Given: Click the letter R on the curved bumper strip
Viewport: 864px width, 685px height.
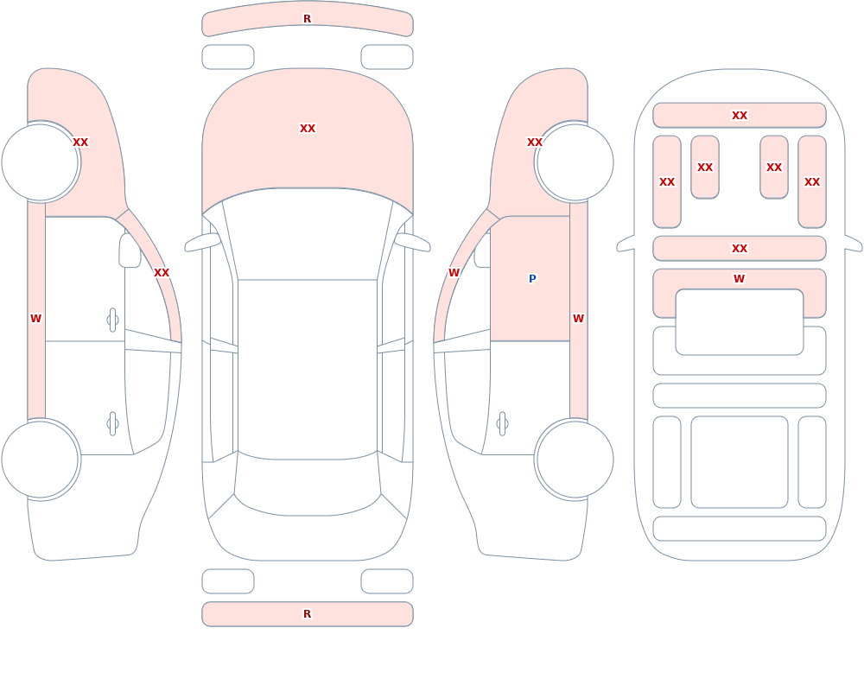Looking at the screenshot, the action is pos(307,19).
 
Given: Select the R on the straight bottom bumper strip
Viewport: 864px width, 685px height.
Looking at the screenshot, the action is pos(307,614).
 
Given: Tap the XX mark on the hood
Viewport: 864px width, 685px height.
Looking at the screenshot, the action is pos(308,129).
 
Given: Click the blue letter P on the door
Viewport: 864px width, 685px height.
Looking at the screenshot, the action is pos(532,279).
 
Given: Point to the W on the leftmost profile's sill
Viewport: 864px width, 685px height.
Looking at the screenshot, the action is pos(35,319).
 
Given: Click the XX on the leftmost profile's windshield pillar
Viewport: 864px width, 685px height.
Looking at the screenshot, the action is pos(162,273).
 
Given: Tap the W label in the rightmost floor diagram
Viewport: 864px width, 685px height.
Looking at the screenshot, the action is pos(739,279).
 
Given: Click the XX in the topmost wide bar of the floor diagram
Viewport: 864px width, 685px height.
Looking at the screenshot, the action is pos(740,116).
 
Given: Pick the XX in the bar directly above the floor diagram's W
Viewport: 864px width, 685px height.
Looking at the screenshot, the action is pos(740,249).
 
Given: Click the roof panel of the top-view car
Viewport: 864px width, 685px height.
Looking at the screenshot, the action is pos(308,369).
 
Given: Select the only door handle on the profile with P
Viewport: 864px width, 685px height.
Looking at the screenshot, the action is pos(502,424).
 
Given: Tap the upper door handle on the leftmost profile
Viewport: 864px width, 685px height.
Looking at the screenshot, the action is pos(112,320).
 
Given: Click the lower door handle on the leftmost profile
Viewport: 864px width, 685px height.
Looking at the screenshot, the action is pos(112,424).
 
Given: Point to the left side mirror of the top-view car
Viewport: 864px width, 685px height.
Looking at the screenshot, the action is pos(202,242).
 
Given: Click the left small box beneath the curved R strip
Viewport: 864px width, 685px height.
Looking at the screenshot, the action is pos(228,57).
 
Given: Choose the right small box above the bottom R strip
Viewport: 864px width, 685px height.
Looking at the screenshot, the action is pos(387,581).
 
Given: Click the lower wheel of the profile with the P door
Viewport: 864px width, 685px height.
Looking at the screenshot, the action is pos(575,459).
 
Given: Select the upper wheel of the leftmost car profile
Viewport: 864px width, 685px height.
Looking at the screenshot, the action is pos(41,162).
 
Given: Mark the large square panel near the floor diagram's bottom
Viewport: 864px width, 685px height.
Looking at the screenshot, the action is pos(740,462).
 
